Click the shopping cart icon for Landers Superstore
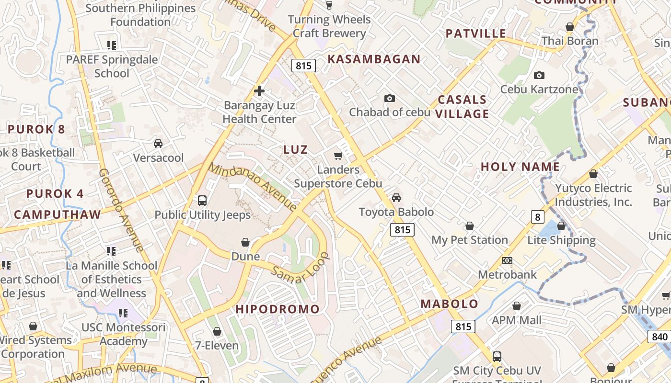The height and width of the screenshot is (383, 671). click(x=338, y=156)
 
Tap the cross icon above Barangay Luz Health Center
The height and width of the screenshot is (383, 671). click(x=259, y=91)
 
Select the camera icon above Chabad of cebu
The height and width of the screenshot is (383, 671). click(x=390, y=98)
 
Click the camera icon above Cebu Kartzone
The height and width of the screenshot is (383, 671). click(x=539, y=76)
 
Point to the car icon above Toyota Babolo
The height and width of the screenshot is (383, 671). click(x=396, y=198)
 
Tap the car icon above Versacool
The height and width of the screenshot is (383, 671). click(x=158, y=144)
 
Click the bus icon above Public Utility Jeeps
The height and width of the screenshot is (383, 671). click(x=202, y=201)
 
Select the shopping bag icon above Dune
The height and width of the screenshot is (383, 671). click(x=245, y=242)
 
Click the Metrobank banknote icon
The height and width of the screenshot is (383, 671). click(x=507, y=260)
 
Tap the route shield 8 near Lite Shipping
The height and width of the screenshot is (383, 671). click(x=537, y=217)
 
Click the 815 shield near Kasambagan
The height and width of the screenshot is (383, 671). click(x=303, y=66)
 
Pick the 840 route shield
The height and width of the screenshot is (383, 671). click(x=659, y=337)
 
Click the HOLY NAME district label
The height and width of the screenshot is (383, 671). click(x=520, y=167)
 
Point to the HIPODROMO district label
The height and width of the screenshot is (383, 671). click(x=278, y=309)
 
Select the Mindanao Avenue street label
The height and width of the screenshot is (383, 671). click(x=254, y=187)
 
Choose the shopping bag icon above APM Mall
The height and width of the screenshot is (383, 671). click(x=517, y=306)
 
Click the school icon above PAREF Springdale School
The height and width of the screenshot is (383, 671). click(x=112, y=45)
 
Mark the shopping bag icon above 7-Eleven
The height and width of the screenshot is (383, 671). click(x=217, y=331)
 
